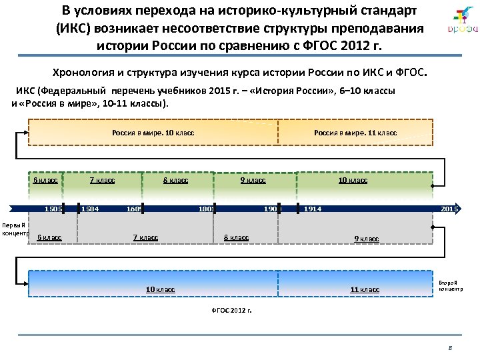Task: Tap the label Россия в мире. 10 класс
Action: coord(153,133)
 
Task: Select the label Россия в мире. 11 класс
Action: coord(355,133)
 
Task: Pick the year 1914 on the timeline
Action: coord(313,209)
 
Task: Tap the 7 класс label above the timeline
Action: coord(102,180)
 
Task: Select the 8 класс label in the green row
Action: coord(175,180)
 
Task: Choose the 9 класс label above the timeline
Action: coord(253,180)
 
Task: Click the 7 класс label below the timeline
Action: coord(145,237)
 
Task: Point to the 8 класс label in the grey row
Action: coord(236,237)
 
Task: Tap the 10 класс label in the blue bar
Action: coord(160,289)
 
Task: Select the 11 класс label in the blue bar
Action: coord(365,289)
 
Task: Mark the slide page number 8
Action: coord(450,348)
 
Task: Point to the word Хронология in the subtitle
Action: coord(80,71)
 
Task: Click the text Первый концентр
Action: coord(14,229)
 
